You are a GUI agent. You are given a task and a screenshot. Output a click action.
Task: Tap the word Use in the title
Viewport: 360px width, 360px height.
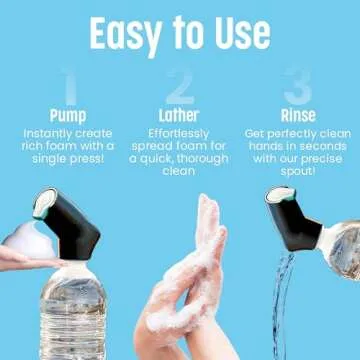point(237,32)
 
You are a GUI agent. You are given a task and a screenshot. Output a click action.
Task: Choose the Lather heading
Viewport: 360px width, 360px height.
point(179,114)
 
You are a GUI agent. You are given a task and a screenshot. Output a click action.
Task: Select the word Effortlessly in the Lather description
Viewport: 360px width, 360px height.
point(179,132)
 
